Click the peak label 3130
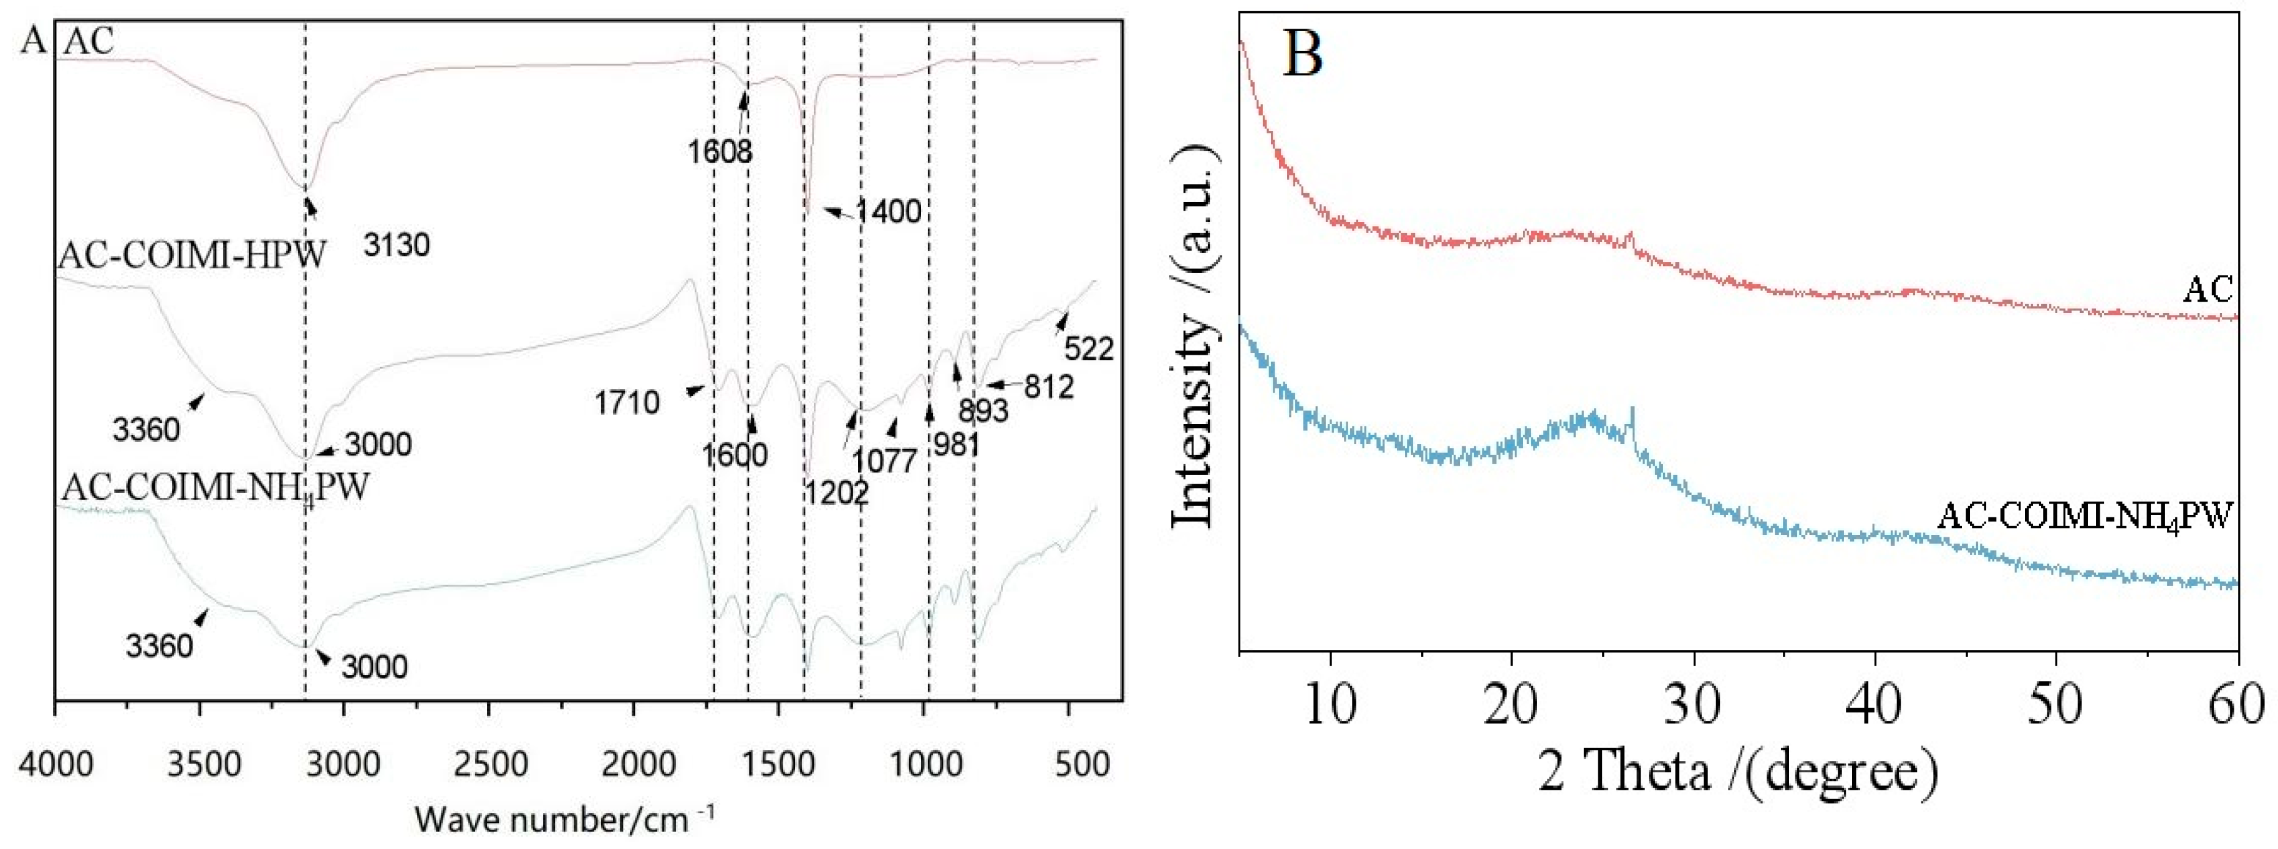(x=396, y=244)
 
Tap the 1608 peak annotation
(x=720, y=151)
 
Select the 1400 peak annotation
(x=888, y=211)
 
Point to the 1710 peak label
(x=627, y=403)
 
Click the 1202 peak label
(x=836, y=492)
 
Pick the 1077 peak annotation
(x=884, y=461)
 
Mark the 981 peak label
(x=955, y=444)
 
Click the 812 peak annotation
(x=1049, y=386)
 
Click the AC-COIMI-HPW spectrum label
(x=193, y=256)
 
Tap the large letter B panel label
(x=1301, y=53)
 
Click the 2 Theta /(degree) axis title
(x=1738, y=771)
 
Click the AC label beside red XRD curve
(x=2208, y=289)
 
